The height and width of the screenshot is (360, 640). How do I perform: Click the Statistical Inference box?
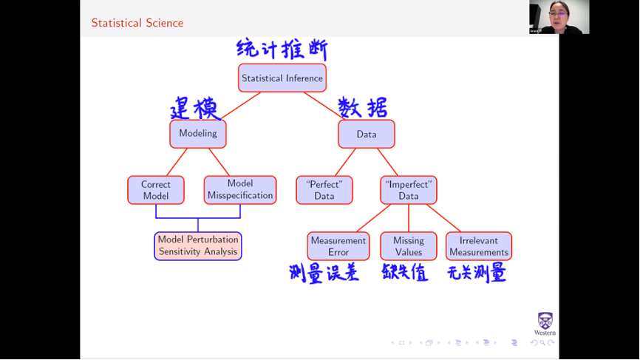282,78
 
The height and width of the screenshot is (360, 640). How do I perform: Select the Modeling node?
198,134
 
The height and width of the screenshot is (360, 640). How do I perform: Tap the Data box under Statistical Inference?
367,135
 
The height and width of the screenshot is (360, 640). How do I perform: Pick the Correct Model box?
156,190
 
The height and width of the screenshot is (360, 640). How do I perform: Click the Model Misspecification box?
240,190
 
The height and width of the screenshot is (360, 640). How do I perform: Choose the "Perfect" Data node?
324,190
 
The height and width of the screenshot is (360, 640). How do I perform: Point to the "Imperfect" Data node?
409,190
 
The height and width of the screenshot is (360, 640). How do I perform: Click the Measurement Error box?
338,246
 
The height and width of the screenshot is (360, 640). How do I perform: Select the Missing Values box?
409,246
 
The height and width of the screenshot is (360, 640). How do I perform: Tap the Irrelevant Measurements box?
479,246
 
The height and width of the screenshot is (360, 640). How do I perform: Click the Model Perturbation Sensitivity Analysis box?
198,246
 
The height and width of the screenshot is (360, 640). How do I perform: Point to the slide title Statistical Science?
137,23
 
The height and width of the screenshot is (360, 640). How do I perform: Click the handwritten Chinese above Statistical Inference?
282,50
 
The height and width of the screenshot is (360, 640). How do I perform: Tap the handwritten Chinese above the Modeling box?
194,109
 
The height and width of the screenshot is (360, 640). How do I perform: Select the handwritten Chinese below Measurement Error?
324,274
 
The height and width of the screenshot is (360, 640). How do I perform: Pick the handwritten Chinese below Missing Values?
405,273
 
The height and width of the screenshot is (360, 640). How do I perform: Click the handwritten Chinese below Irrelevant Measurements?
477,274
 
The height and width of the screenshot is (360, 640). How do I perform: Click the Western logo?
545,324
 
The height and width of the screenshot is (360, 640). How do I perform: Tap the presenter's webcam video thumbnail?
559,17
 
